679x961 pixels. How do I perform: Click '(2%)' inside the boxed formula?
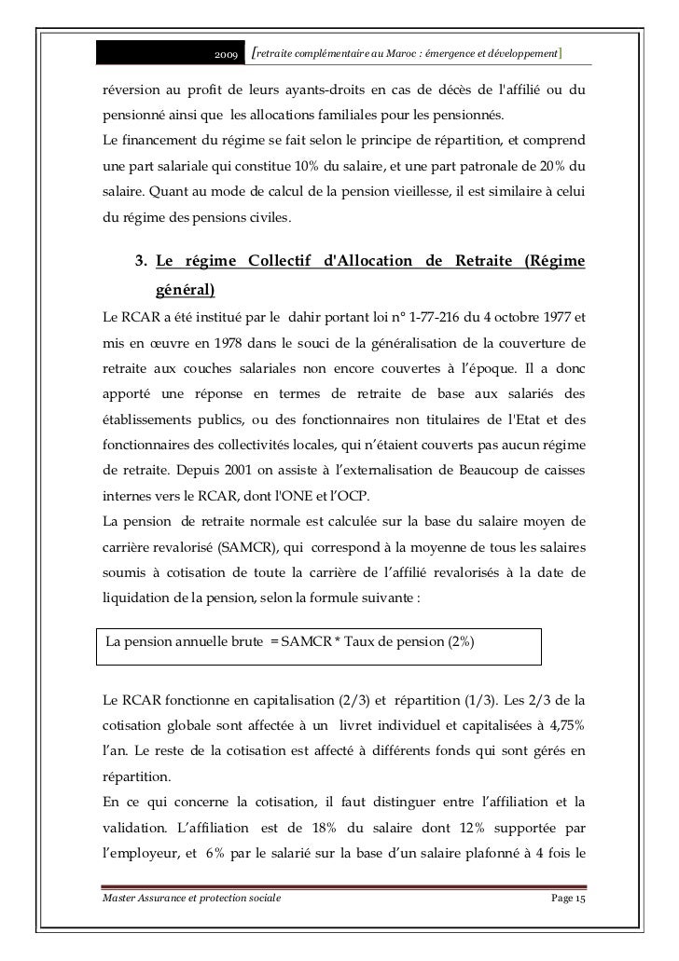coord(459,642)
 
